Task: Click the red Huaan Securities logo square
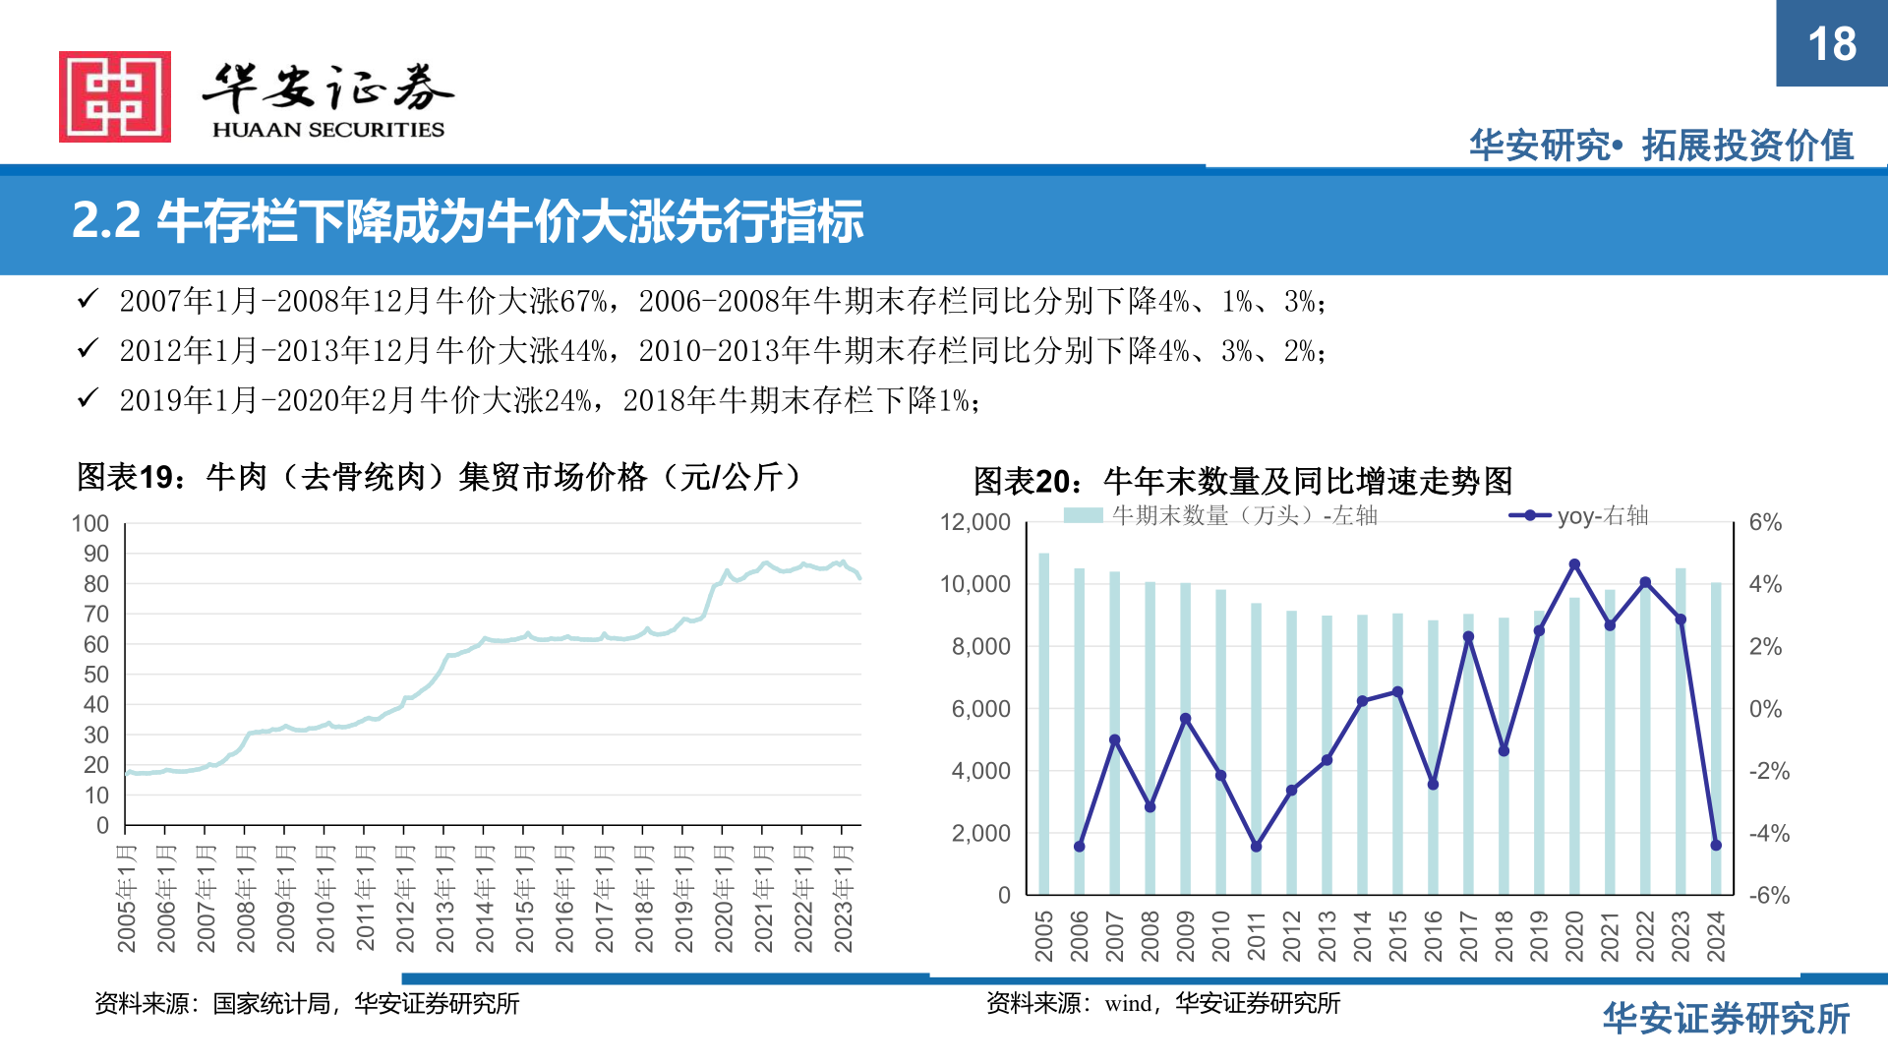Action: pos(115,96)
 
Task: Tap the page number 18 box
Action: pos(1831,43)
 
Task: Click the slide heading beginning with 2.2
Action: pos(468,221)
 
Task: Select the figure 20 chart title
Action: pos(1242,481)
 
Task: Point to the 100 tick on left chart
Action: pos(90,523)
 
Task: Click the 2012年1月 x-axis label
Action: pos(405,898)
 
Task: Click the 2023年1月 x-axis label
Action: pos(843,898)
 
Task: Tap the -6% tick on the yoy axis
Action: pos(1769,896)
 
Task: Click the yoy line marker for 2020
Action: pos(1574,564)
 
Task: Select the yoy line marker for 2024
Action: pos(1716,845)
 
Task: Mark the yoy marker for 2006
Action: pos(1079,846)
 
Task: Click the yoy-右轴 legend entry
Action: pos(1579,515)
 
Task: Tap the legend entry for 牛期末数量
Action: pos(1220,515)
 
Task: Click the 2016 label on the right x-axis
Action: pos(1433,935)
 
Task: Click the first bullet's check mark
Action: pos(88,299)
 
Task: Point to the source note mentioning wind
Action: pos(1162,1003)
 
